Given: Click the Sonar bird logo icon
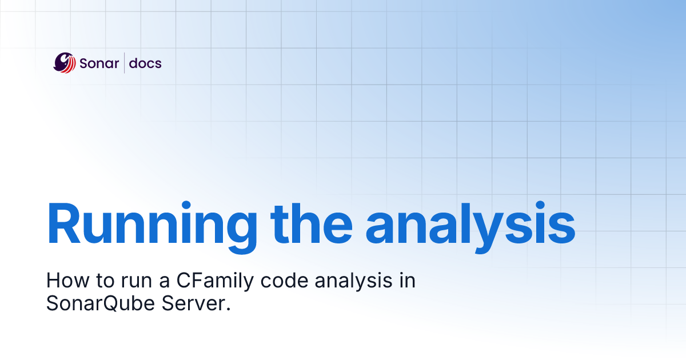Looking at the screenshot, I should click(x=65, y=63).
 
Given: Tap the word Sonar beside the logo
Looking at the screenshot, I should click(x=99, y=63).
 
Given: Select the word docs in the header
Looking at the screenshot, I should click(x=145, y=63).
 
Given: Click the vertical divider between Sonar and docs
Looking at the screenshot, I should click(x=124, y=63).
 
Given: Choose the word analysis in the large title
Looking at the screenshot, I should click(x=470, y=225).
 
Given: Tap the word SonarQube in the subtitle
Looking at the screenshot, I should click(x=101, y=303).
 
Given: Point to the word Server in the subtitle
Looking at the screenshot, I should click(x=193, y=303).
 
